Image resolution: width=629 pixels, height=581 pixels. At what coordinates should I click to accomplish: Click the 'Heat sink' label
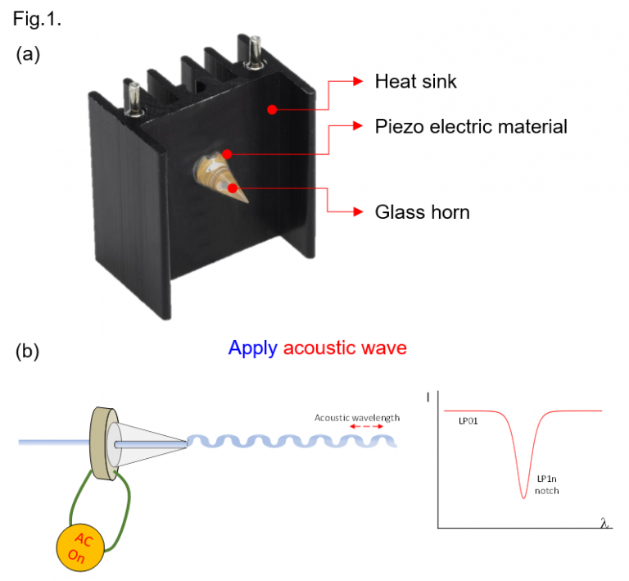415,81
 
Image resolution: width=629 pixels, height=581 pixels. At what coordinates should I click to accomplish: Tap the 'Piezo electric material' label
471,126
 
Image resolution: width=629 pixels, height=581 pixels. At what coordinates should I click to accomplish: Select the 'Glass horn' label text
422,212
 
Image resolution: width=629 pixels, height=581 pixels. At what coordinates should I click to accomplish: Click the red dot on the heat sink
272,109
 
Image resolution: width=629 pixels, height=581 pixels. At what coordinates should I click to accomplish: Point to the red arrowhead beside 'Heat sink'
358,81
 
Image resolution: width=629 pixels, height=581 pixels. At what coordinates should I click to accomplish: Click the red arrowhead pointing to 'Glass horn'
358,211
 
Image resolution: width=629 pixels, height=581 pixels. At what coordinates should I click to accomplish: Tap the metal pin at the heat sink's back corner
255,52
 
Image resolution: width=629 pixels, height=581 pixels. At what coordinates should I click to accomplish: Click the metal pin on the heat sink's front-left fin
134,98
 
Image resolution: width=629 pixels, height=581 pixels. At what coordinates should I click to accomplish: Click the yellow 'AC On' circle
80,547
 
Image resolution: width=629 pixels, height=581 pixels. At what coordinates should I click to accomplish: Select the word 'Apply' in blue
253,348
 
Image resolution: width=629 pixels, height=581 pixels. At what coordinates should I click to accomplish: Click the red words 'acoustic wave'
345,348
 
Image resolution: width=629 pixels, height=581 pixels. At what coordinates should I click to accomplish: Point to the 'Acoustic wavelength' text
357,418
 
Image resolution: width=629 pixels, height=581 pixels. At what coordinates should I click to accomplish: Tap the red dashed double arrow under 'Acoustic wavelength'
366,426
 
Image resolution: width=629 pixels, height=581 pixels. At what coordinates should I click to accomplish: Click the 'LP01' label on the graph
468,421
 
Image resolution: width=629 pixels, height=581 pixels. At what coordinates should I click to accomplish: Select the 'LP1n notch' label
547,484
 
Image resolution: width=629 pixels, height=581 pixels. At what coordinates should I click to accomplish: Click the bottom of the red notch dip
523,497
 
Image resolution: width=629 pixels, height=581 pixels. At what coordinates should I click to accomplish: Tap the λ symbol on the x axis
604,523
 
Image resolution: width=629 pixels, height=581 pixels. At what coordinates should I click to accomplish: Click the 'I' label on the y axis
428,397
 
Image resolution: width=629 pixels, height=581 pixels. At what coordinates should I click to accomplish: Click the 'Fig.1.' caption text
37,19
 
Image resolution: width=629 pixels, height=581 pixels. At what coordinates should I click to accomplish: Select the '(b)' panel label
27,352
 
